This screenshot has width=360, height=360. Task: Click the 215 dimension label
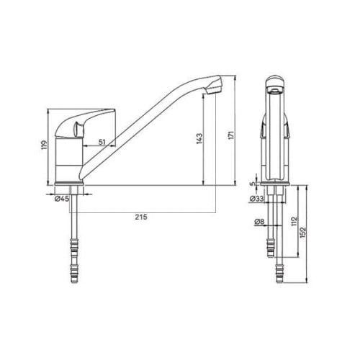click(141, 217)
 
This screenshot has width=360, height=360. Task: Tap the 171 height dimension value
click(231, 135)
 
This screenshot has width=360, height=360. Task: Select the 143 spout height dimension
click(199, 138)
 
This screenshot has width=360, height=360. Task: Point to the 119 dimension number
click(45, 145)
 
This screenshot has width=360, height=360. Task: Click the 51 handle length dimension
click(102, 142)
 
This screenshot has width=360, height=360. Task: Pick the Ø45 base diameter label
click(62, 199)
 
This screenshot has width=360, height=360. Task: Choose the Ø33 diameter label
click(257, 199)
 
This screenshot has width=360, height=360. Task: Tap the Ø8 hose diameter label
click(259, 222)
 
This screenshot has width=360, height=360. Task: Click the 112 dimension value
click(294, 222)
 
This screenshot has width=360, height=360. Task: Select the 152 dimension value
click(303, 233)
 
